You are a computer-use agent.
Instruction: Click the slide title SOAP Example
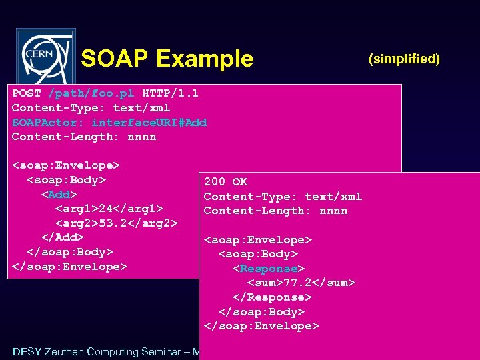coord(167,59)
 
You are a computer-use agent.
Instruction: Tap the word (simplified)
coord(404,59)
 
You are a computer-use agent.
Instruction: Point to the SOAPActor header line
coord(109,122)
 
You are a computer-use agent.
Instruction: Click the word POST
coord(26,93)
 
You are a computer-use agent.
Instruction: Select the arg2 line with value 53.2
coord(116,223)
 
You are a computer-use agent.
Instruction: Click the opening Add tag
coord(59,195)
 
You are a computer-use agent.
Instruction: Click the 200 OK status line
coord(225,181)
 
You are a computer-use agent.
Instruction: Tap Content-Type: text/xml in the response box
coord(283,196)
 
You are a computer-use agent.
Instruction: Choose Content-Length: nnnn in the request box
coord(84,137)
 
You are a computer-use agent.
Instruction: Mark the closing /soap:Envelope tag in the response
coord(261,326)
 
